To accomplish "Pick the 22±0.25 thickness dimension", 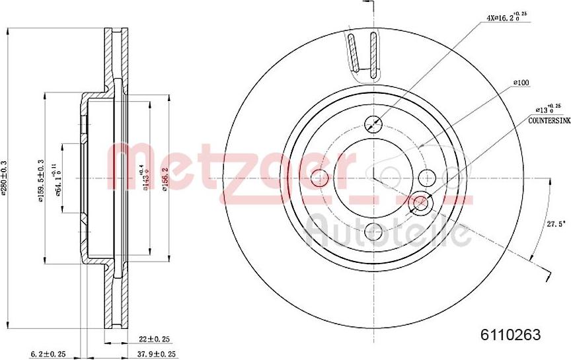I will click(x=153, y=339).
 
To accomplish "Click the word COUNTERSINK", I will click(x=549, y=122).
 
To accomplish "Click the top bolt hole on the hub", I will click(x=373, y=124).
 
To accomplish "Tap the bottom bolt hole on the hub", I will click(x=373, y=232).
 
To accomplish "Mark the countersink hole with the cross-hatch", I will click(x=419, y=203).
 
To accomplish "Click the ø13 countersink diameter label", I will click(x=547, y=110).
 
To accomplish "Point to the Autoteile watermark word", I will click(x=387, y=231).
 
